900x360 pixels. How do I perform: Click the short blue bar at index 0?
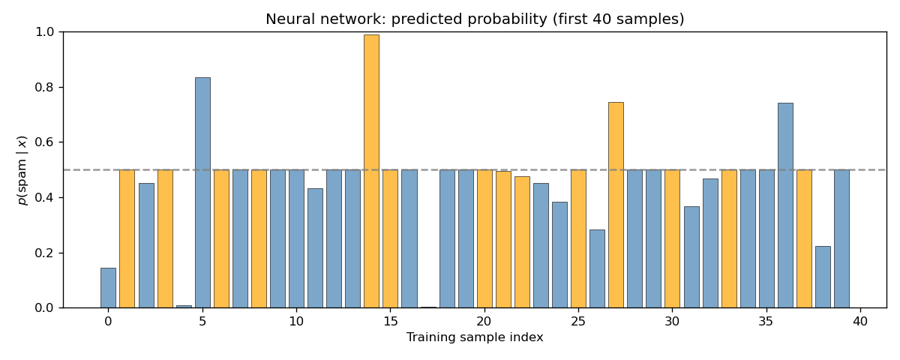[108, 288]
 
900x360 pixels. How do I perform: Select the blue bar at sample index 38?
[823, 277]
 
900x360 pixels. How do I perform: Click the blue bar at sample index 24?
[559, 255]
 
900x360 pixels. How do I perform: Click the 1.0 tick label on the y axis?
[46, 31]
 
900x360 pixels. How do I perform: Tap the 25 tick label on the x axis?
[578, 322]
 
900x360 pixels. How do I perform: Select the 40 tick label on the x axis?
[860, 322]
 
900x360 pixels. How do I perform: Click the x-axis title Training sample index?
[475, 338]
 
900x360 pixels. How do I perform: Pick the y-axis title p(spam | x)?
[22, 169]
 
